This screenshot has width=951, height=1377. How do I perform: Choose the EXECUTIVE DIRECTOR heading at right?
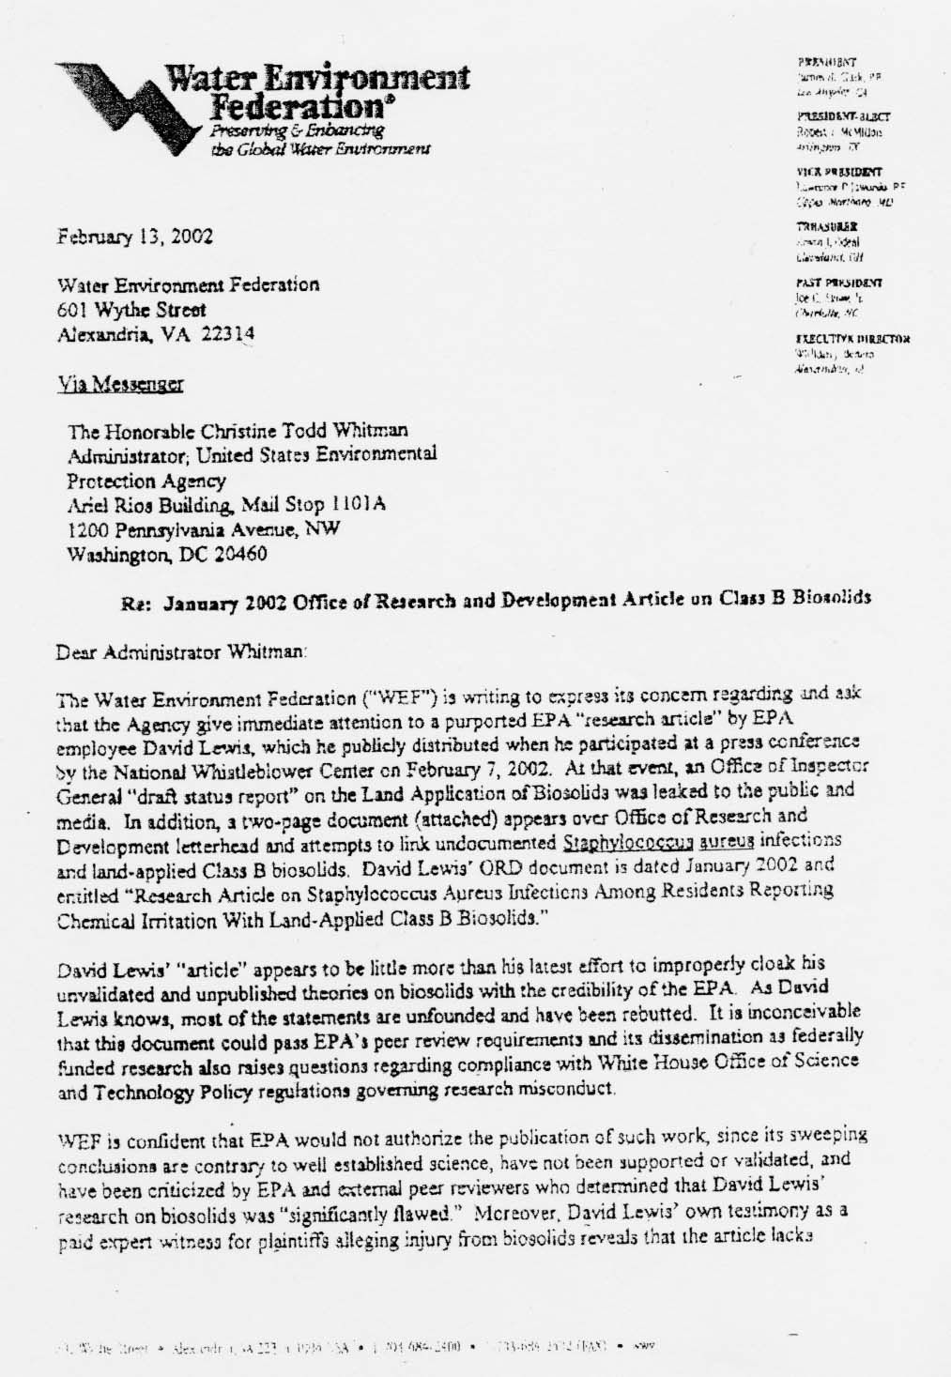[852, 339]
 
